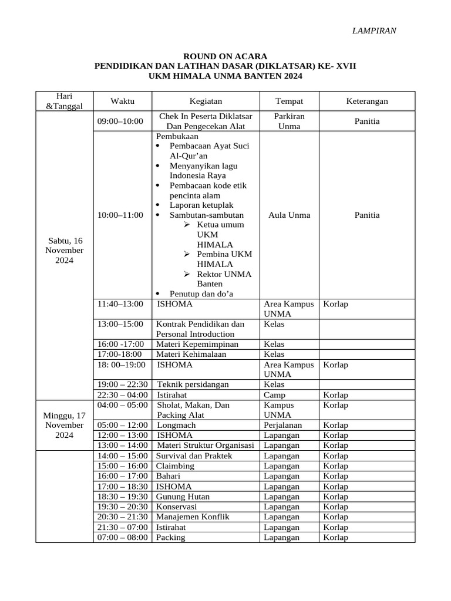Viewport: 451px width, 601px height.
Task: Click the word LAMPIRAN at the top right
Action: [373, 31]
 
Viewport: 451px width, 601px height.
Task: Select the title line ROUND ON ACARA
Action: [225, 56]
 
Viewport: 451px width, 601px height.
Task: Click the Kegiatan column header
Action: [206, 101]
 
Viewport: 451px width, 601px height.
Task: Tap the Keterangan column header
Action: [367, 101]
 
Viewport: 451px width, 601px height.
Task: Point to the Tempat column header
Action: [289, 101]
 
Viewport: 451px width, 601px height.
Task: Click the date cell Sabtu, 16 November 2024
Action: [65, 250]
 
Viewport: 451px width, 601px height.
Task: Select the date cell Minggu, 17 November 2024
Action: [65, 425]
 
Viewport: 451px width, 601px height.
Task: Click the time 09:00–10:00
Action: [120, 121]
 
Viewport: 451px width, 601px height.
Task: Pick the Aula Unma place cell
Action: [289, 215]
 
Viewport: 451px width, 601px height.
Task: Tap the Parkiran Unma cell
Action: [289, 121]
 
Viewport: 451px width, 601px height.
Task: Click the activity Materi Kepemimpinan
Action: [197, 344]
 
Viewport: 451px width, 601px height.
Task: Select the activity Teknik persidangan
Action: [193, 384]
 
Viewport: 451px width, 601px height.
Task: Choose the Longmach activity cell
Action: [174, 425]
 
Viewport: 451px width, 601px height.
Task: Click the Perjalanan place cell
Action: [283, 425]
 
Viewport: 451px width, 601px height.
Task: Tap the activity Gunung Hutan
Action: [183, 497]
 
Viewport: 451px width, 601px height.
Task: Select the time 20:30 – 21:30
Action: [122, 516]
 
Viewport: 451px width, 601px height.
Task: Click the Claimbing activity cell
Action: [175, 466]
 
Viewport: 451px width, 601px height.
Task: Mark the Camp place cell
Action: [275, 395]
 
